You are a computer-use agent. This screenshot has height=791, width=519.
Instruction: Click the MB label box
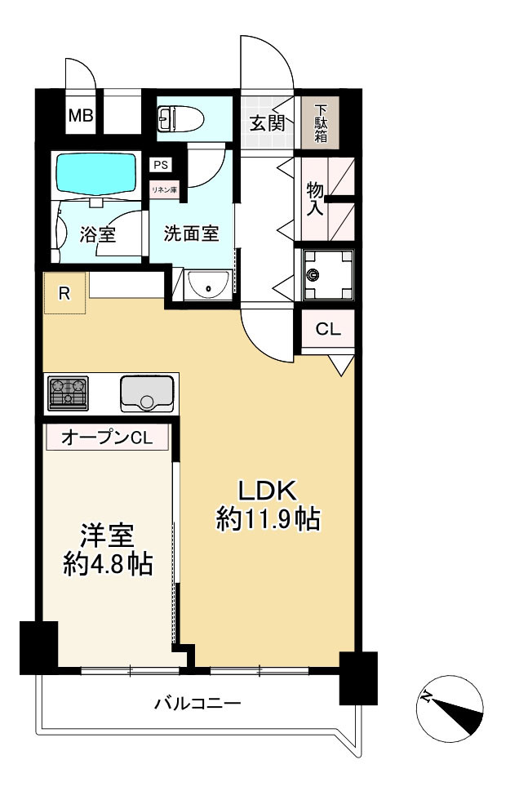(x=81, y=116)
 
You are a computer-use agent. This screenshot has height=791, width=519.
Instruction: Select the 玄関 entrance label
(x=266, y=123)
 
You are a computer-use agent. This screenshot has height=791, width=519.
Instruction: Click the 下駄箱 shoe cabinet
(x=321, y=122)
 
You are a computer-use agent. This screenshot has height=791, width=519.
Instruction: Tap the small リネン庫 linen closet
(x=164, y=189)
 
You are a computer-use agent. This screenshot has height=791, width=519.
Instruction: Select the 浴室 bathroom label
(x=97, y=234)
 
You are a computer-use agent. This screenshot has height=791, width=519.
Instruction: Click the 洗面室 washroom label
(x=191, y=233)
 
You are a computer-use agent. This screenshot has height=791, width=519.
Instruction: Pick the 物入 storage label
(x=315, y=198)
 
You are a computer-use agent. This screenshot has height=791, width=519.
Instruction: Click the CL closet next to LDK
(x=328, y=330)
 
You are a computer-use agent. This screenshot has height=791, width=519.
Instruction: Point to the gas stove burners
(x=69, y=393)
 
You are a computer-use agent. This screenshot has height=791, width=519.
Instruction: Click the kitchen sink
(x=146, y=393)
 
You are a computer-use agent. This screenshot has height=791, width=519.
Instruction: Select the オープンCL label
(x=107, y=438)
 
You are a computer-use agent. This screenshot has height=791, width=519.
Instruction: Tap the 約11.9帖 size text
(x=267, y=520)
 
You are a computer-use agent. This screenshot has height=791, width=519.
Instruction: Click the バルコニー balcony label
(x=197, y=703)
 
